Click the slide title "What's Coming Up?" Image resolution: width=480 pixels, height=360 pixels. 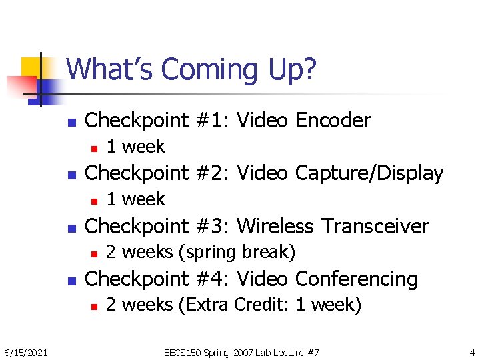pyautogui.click(x=191, y=69)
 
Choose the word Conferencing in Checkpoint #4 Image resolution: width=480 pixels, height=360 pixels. pyautogui.click(x=356, y=279)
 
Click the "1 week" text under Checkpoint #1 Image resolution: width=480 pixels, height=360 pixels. pyautogui.click(x=135, y=147)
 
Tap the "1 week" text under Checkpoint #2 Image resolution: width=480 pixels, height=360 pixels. pyautogui.click(x=135, y=199)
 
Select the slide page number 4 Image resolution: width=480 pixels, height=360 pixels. pyautogui.click(x=471, y=351)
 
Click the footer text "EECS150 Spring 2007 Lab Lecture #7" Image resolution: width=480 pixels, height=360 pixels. pyautogui.click(x=241, y=351)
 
